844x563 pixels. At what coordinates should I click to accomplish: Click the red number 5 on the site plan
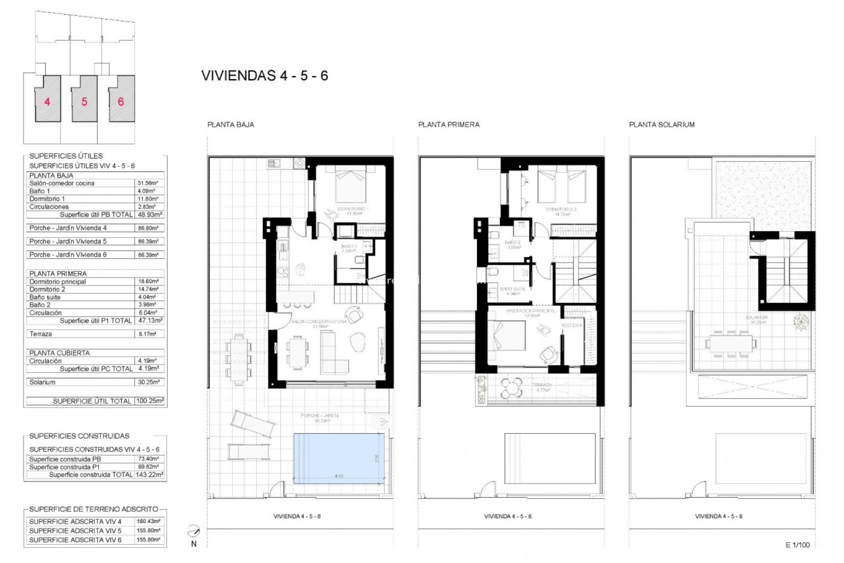84,102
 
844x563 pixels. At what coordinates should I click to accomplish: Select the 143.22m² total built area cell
149,475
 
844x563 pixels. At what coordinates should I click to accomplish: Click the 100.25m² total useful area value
149,401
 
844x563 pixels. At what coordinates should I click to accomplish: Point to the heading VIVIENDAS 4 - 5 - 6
265,76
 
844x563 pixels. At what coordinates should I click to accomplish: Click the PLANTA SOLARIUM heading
662,124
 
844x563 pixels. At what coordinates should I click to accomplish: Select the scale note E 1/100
797,545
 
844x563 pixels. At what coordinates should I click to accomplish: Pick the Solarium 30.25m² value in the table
149,382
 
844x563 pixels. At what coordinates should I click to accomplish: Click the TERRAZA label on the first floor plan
541,384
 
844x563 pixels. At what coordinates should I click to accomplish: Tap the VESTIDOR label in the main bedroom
571,325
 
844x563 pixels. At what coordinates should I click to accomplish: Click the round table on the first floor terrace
511,387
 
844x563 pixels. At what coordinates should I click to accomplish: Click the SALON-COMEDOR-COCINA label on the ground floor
319,322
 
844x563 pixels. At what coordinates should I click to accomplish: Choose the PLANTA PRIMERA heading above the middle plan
448,124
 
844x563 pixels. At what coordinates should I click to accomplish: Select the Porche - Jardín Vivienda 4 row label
68,228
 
